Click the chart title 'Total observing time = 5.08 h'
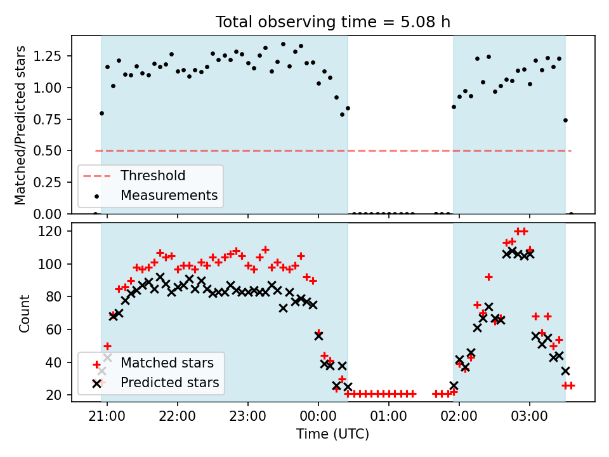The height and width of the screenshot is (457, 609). (333, 22)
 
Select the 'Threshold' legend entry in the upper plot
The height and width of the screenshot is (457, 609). (153, 176)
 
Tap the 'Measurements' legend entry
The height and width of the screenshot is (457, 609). (169, 195)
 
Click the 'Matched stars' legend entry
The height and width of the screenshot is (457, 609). (167, 363)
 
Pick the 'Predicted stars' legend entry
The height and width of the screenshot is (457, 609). (170, 382)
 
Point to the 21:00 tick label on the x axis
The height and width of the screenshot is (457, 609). (107, 416)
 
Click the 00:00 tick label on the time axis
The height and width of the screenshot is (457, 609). (318, 416)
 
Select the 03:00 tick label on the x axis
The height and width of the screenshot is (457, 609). (529, 416)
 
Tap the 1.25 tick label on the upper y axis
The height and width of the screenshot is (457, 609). (48, 56)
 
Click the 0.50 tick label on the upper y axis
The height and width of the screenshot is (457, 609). (48, 151)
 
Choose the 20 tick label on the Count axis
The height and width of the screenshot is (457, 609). (55, 395)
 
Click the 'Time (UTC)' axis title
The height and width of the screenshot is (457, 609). (333, 434)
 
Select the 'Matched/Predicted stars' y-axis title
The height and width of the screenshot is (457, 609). (20, 125)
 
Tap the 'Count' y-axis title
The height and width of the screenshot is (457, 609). (24, 313)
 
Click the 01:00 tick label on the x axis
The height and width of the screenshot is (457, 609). (388, 416)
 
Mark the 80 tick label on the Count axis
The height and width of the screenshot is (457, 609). (55, 296)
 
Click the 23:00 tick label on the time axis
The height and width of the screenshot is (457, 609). (248, 416)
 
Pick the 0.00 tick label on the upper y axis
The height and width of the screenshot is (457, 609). (48, 214)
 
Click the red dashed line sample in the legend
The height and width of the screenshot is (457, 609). (96, 176)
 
